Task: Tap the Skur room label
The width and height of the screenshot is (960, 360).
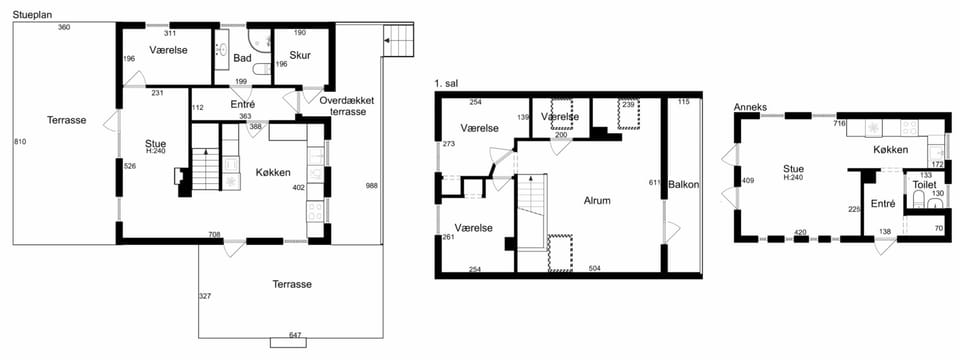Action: pos(301,55)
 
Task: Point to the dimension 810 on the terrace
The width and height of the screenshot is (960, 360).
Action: pos(20,142)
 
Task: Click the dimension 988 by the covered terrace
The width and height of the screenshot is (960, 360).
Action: pos(372,186)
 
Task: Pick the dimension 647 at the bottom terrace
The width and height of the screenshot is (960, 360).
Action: pos(295,335)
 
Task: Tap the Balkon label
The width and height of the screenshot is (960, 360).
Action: pos(683,184)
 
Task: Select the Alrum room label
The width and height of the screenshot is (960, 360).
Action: pos(598,200)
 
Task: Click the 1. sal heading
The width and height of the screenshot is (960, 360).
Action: pos(446,83)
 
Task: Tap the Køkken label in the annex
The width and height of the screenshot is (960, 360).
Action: pos(890,150)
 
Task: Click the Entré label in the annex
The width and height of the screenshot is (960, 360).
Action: pos(882,204)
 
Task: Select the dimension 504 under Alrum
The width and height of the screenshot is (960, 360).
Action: pos(594,268)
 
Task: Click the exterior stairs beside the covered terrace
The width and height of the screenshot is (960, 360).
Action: pos(398,39)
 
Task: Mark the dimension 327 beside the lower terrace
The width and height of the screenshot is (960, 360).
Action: pos(205,296)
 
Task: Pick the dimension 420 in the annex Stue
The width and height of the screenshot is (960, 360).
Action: pos(800,232)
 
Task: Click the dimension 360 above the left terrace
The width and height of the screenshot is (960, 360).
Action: pos(64,27)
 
